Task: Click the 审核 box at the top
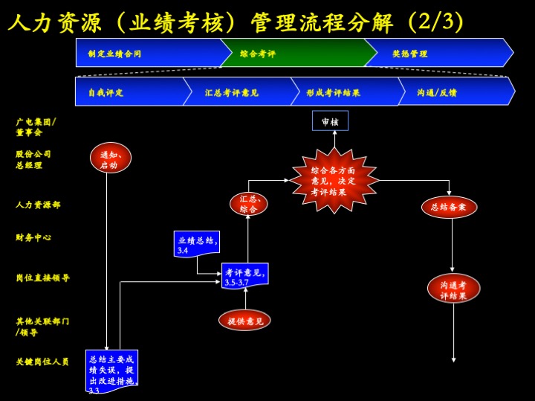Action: (x=330, y=121)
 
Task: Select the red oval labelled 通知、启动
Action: (x=110, y=158)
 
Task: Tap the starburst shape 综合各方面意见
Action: (x=334, y=180)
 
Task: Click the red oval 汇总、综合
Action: (x=248, y=204)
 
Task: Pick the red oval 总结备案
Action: (x=449, y=207)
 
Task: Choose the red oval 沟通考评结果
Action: (x=453, y=288)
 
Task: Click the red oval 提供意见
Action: (x=244, y=321)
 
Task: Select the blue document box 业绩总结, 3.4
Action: (x=196, y=243)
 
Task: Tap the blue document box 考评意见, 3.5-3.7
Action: (x=244, y=275)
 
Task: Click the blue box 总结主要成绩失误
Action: (x=111, y=370)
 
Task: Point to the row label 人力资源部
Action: (x=38, y=205)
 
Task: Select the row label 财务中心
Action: (x=33, y=238)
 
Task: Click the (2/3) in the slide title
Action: (x=435, y=22)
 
